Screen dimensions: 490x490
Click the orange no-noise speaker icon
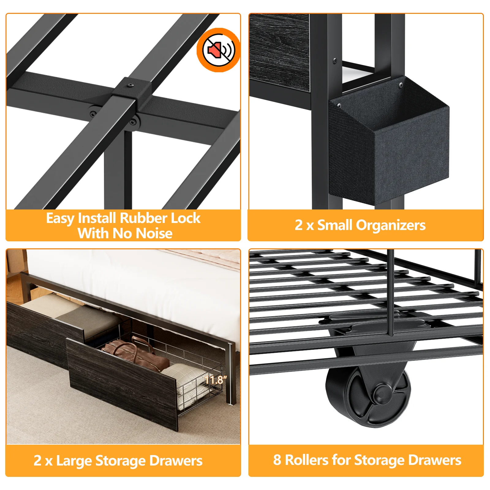point(218,50)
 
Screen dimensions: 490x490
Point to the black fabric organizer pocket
point(389,141)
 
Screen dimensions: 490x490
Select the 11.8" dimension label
point(216,380)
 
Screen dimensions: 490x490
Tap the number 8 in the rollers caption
point(277,460)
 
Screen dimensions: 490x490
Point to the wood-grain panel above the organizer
point(279,52)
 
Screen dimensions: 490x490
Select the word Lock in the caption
point(186,218)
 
